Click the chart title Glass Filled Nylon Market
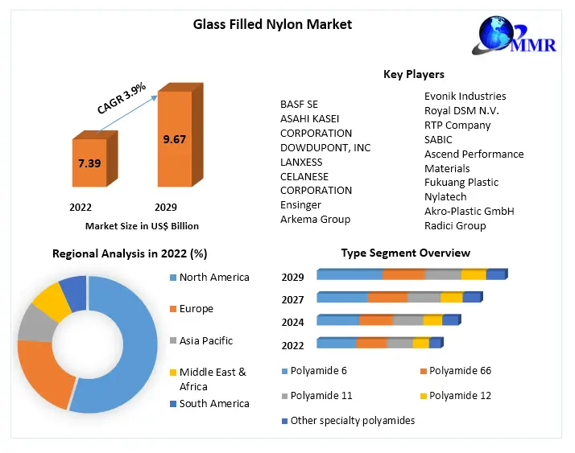click(272, 24)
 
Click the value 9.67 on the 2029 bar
click(174, 139)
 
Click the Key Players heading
click(413, 74)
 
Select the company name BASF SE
click(299, 105)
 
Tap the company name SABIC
click(440, 139)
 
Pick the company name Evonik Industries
click(465, 96)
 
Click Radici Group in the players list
click(455, 225)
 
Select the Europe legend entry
click(196, 309)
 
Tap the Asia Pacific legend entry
click(205, 340)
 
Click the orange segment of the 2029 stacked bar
click(403, 275)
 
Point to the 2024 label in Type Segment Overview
click(292, 322)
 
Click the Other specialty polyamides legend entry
click(352, 420)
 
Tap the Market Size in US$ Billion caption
click(142, 226)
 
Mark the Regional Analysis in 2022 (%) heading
click(130, 253)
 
